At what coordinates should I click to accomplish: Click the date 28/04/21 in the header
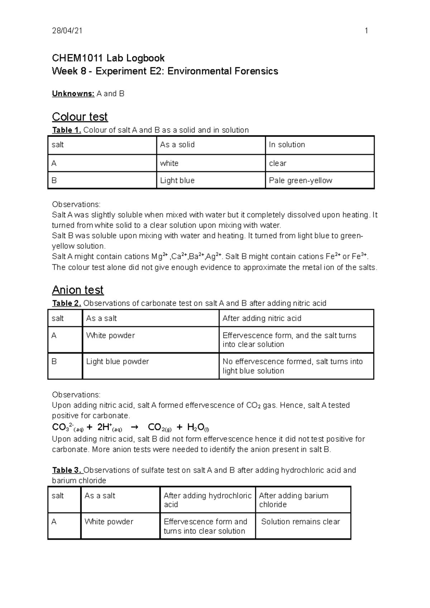(67, 31)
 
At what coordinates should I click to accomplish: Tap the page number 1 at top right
(366, 31)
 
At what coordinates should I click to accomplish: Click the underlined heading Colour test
(80, 117)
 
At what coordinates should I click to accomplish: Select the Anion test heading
(77, 290)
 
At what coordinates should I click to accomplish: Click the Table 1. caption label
(67, 130)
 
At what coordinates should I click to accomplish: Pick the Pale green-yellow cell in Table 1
(300, 180)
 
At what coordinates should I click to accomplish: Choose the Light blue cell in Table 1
(177, 180)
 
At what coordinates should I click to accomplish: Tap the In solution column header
(287, 145)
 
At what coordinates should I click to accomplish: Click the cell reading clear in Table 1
(277, 163)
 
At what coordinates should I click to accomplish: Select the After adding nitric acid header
(262, 318)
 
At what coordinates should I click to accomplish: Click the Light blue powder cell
(117, 362)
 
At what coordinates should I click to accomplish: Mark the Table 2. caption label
(67, 303)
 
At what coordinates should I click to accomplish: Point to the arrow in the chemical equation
(135, 427)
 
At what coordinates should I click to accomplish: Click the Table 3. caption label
(67, 470)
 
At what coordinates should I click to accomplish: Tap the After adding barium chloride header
(293, 500)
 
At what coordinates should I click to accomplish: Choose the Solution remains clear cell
(300, 522)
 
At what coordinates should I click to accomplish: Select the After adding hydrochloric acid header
(207, 500)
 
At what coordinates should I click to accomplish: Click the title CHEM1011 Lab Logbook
(108, 58)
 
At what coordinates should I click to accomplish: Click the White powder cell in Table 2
(110, 336)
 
